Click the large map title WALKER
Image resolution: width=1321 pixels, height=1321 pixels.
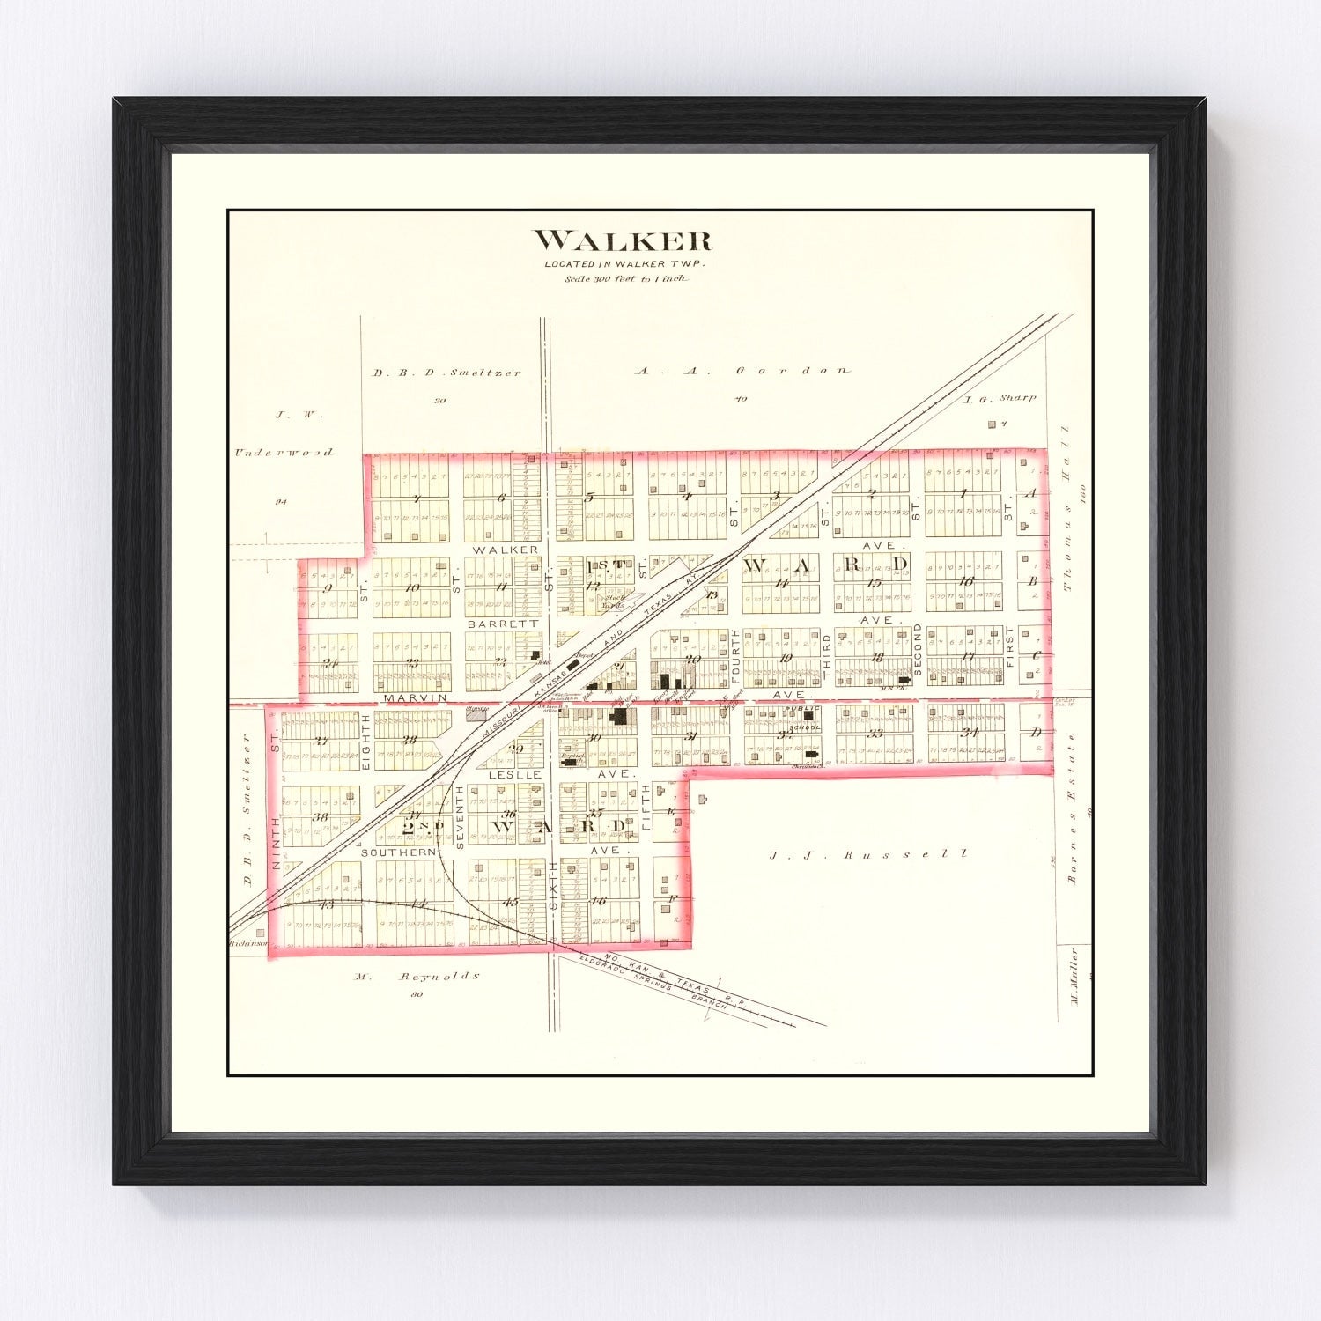point(623,240)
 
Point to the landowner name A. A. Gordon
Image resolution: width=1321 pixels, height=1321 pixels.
point(743,371)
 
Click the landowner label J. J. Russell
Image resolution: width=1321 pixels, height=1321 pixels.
point(868,853)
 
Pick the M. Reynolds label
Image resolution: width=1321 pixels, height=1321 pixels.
point(417,976)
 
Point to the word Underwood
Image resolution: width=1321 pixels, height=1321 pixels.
point(284,453)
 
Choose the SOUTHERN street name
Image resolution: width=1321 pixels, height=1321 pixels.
point(399,852)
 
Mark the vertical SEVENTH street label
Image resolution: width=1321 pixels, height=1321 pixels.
point(460,818)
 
